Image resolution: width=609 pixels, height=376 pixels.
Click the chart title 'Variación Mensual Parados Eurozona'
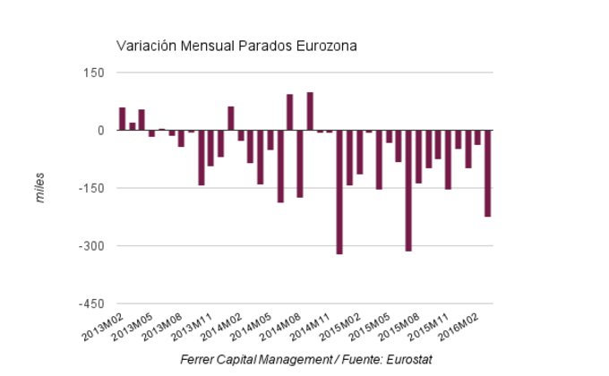236,45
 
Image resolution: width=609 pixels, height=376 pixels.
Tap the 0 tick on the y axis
100,131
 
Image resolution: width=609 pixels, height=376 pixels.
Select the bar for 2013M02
122,119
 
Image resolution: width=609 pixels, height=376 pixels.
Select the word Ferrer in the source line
198,360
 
